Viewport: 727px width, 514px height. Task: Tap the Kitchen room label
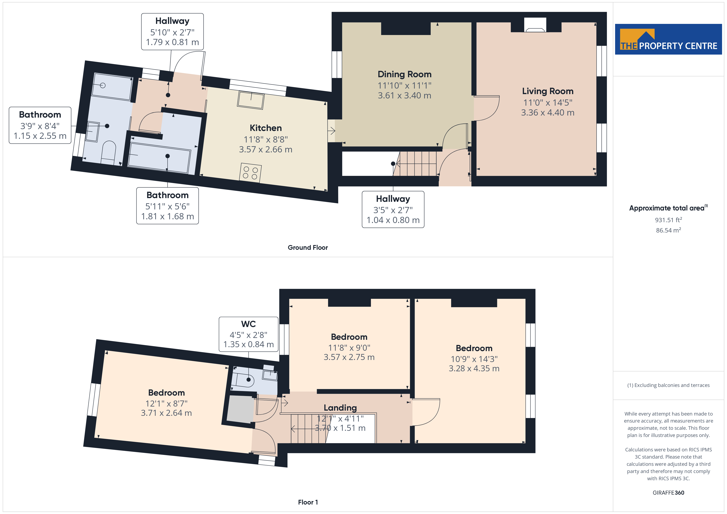click(266, 128)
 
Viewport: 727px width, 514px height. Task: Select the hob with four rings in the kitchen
click(250, 173)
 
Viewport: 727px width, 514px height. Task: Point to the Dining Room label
click(404, 74)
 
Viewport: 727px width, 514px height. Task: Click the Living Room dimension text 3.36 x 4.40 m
click(548, 112)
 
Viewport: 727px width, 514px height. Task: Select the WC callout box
click(249, 334)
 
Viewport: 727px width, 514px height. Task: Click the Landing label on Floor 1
click(340, 408)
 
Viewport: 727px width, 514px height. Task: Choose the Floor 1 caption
click(308, 502)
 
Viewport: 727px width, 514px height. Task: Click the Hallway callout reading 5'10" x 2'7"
click(172, 32)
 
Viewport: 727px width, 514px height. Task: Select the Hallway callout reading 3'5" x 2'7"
click(393, 209)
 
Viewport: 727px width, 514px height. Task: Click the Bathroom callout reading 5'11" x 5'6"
click(168, 206)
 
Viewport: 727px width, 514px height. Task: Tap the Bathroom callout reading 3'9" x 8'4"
click(40, 125)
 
